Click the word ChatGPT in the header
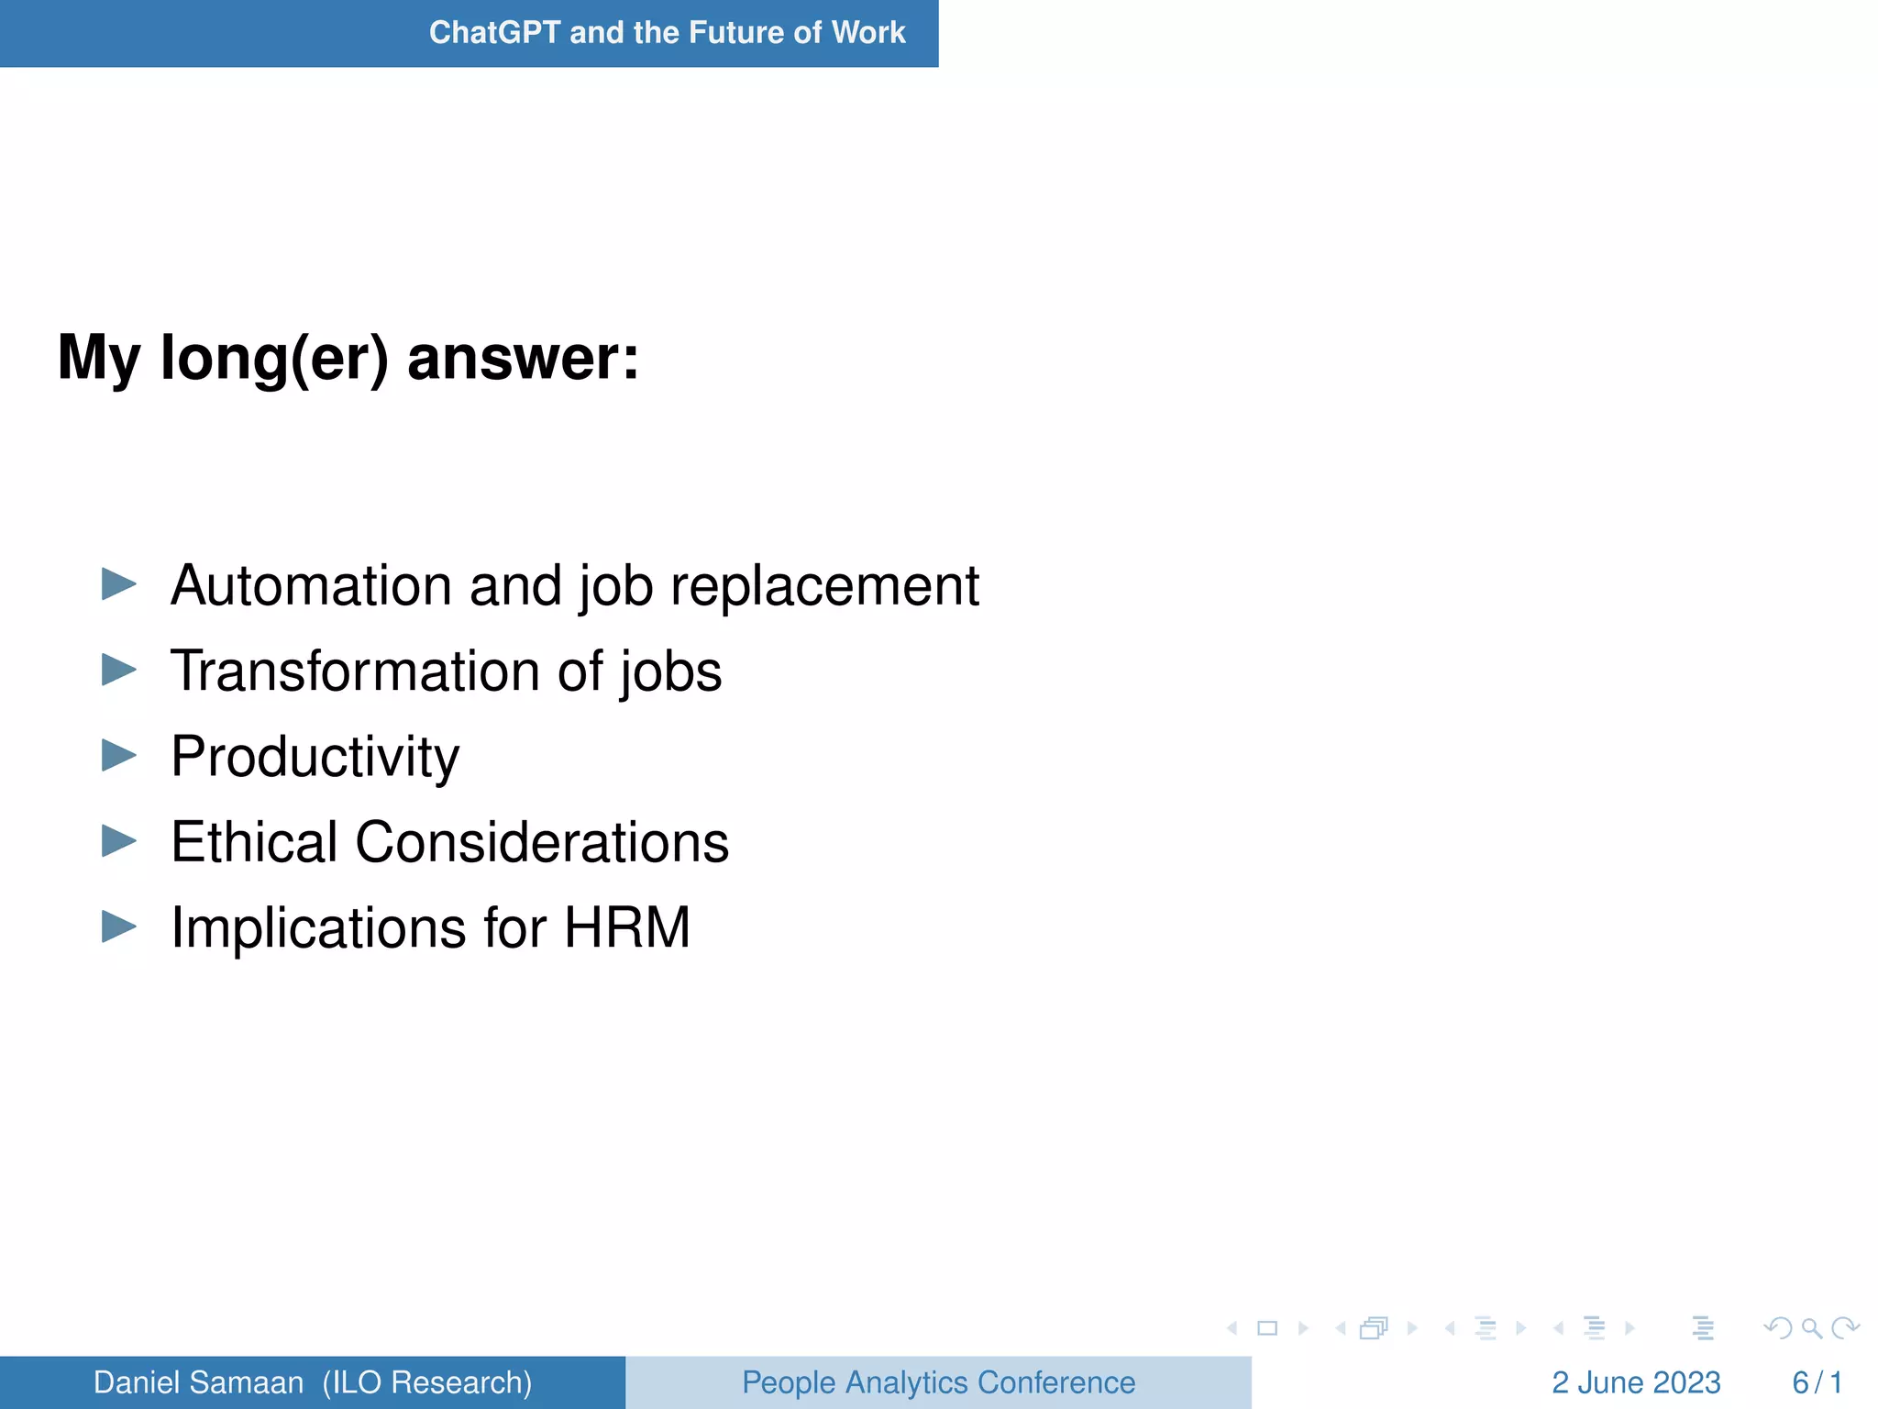(494, 33)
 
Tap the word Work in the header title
(867, 33)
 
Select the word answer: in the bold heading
(523, 358)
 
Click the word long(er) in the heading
(274, 358)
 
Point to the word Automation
(311, 585)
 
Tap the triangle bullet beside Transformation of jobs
(118, 670)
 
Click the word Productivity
(315, 758)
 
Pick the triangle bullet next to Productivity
(118, 755)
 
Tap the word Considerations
(542, 841)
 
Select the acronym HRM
(626, 927)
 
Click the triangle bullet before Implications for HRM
(118, 926)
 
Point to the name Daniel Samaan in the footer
(198, 1382)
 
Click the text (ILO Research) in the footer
(427, 1382)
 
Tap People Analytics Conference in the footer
(938, 1382)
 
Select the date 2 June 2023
(1635, 1382)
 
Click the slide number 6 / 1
(1817, 1382)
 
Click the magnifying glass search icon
(1811, 1328)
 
